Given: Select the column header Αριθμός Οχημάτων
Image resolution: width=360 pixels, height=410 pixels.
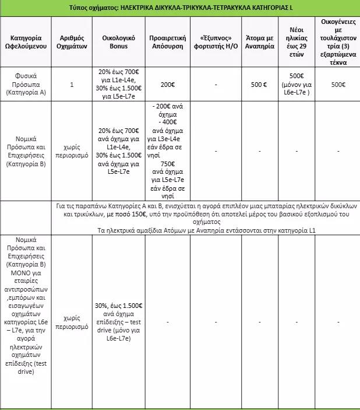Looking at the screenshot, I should [x=72, y=43].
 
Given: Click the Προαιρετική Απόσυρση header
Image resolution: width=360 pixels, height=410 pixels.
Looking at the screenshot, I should [x=167, y=43].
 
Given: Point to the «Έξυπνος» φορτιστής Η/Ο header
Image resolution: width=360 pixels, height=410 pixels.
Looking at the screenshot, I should [x=216, y=43].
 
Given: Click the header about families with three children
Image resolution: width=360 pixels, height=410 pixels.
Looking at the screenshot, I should [x=338, y=43].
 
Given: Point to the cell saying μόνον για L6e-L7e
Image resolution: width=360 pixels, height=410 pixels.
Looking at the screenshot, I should [x=298, y=89].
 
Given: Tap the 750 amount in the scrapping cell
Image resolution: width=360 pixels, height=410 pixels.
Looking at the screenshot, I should [x=167, y=164].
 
